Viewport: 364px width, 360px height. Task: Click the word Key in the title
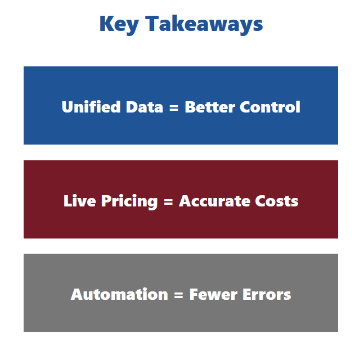click(119, 25)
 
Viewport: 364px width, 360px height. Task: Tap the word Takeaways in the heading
click(204, 25)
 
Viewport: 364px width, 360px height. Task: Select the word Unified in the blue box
click(91, 107)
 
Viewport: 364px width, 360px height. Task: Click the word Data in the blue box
click(145, 107)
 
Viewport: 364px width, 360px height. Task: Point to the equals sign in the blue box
click(174, 108)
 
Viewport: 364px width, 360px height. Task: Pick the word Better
click(210, 107)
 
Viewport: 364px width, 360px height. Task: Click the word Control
click(270, 107)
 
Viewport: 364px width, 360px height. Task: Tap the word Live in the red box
click(80, 201)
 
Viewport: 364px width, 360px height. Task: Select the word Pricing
click(129, 202)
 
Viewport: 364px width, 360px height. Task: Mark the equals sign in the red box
click(168, 202)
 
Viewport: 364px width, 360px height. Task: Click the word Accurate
click(215, 201)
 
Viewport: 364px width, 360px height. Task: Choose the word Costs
click(276, 201)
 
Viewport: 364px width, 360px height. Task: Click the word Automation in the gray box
click(119, 294)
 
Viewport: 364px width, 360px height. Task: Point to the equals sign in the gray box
click(178, 295)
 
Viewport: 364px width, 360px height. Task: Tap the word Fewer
click(213, 295)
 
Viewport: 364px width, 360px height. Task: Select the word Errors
click(267, 295)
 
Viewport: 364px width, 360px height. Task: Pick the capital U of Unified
click(68, 107)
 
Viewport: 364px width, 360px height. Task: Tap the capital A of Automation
click(77, 294)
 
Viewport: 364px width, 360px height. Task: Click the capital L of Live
click(68, 201)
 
